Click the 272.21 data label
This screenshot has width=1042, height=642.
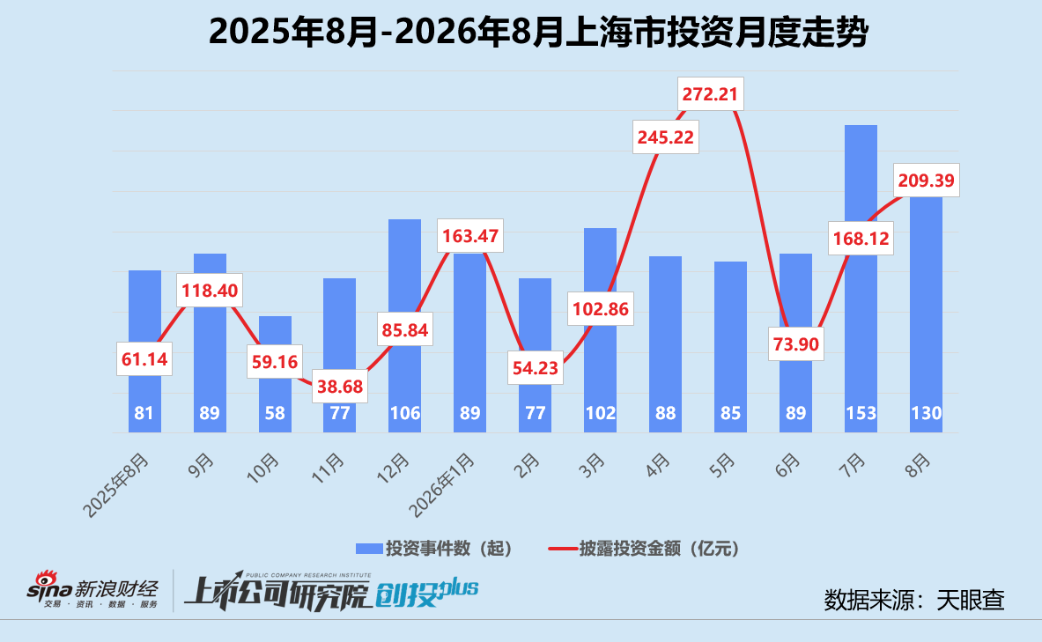click(711, 93)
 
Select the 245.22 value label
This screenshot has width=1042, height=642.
click(665, 137)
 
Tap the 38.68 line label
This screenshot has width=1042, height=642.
click(340, 386)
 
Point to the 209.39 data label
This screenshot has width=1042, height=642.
click(926, 181)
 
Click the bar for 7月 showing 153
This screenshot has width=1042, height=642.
click(861, 278)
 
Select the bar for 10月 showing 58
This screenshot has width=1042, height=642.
click(275, 374)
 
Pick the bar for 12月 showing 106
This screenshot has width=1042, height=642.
click(404, 326)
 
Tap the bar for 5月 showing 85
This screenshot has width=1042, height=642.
click(730, 347)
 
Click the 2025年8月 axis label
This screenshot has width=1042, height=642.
click(116, 485)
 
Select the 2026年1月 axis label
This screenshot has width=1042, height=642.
click(442, 485)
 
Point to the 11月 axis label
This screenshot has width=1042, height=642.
click(329, 468)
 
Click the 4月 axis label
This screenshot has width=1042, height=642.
click(657, 465)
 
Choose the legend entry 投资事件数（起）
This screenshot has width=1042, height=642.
click(434, 549)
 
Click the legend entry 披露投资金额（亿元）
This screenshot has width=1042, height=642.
click(643, 549)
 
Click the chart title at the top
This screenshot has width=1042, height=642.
click(538, 32)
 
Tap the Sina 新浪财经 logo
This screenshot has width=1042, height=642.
click(92, 589)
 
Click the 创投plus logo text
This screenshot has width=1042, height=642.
click(426, 592)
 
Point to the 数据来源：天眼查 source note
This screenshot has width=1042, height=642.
click(913, 600)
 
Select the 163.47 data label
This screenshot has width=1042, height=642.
click(469, 235)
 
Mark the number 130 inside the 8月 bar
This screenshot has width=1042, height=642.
click(926, 413)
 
